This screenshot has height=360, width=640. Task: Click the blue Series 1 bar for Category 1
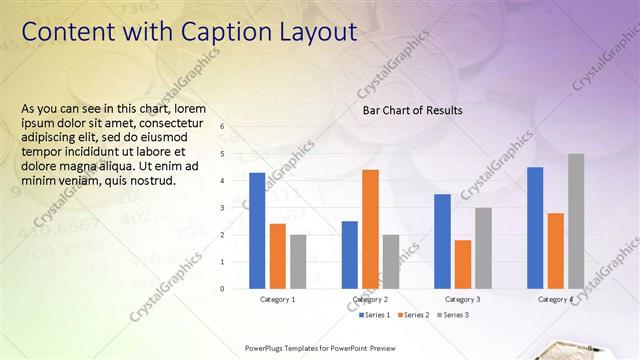pyautogui.click(x=257, y=231)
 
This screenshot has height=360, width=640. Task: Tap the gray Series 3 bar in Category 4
pyautogui.click(x=576, y=221)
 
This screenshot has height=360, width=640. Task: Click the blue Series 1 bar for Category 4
pyautogui.click(x=535, y=228)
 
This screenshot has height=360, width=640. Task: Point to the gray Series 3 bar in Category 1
pyautogui.click(x=298, y=262)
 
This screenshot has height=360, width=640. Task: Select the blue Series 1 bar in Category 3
pyautogui.click(x=442, y=241)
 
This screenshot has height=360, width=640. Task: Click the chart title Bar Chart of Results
pyautogui.click(x=412, y=110)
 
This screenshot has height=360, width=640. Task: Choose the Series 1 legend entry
pyautogui.click(x=374, y=315)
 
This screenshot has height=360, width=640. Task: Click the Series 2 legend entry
pyautogui.click(x=415, y=315)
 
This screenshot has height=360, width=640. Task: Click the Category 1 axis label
pyautogui.click(x=277, y=299)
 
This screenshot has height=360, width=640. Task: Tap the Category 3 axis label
pyautogui.click(x=462, y=299)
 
